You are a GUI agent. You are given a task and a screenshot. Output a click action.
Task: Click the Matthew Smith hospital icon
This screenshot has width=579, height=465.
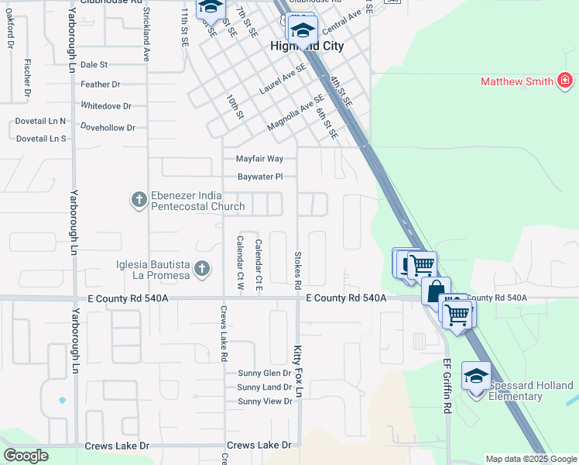(566, 81)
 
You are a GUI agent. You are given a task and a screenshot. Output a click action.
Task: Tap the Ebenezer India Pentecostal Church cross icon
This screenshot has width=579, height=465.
(139, 201)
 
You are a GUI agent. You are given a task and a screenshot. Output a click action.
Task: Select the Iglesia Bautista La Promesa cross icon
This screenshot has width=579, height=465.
(201, 269)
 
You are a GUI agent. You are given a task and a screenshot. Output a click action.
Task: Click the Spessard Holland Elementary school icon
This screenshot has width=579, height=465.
(475, 377)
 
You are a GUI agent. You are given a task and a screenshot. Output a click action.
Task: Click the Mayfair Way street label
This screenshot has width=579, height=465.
(259, 159)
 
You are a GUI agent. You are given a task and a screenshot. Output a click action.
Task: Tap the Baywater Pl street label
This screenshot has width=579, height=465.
(260, 177)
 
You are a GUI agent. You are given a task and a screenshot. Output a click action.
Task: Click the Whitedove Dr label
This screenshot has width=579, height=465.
(106, 105)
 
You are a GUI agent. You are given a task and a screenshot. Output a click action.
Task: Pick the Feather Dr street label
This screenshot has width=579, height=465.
(101, 84)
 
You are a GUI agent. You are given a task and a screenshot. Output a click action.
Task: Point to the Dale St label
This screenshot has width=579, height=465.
(94, 65)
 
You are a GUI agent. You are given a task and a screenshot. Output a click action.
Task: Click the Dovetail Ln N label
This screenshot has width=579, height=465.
(41, 122)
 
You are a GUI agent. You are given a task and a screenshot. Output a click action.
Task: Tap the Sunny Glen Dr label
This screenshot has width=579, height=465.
(264, 374)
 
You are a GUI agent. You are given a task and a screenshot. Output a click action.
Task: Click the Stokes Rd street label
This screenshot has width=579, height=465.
(297, 269)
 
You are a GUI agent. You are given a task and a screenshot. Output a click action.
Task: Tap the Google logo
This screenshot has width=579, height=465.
(26, 456)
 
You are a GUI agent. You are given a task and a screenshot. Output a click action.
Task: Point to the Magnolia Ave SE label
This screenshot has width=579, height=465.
(296, 113)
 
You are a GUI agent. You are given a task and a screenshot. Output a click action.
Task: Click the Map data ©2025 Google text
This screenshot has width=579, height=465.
(531, 459)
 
